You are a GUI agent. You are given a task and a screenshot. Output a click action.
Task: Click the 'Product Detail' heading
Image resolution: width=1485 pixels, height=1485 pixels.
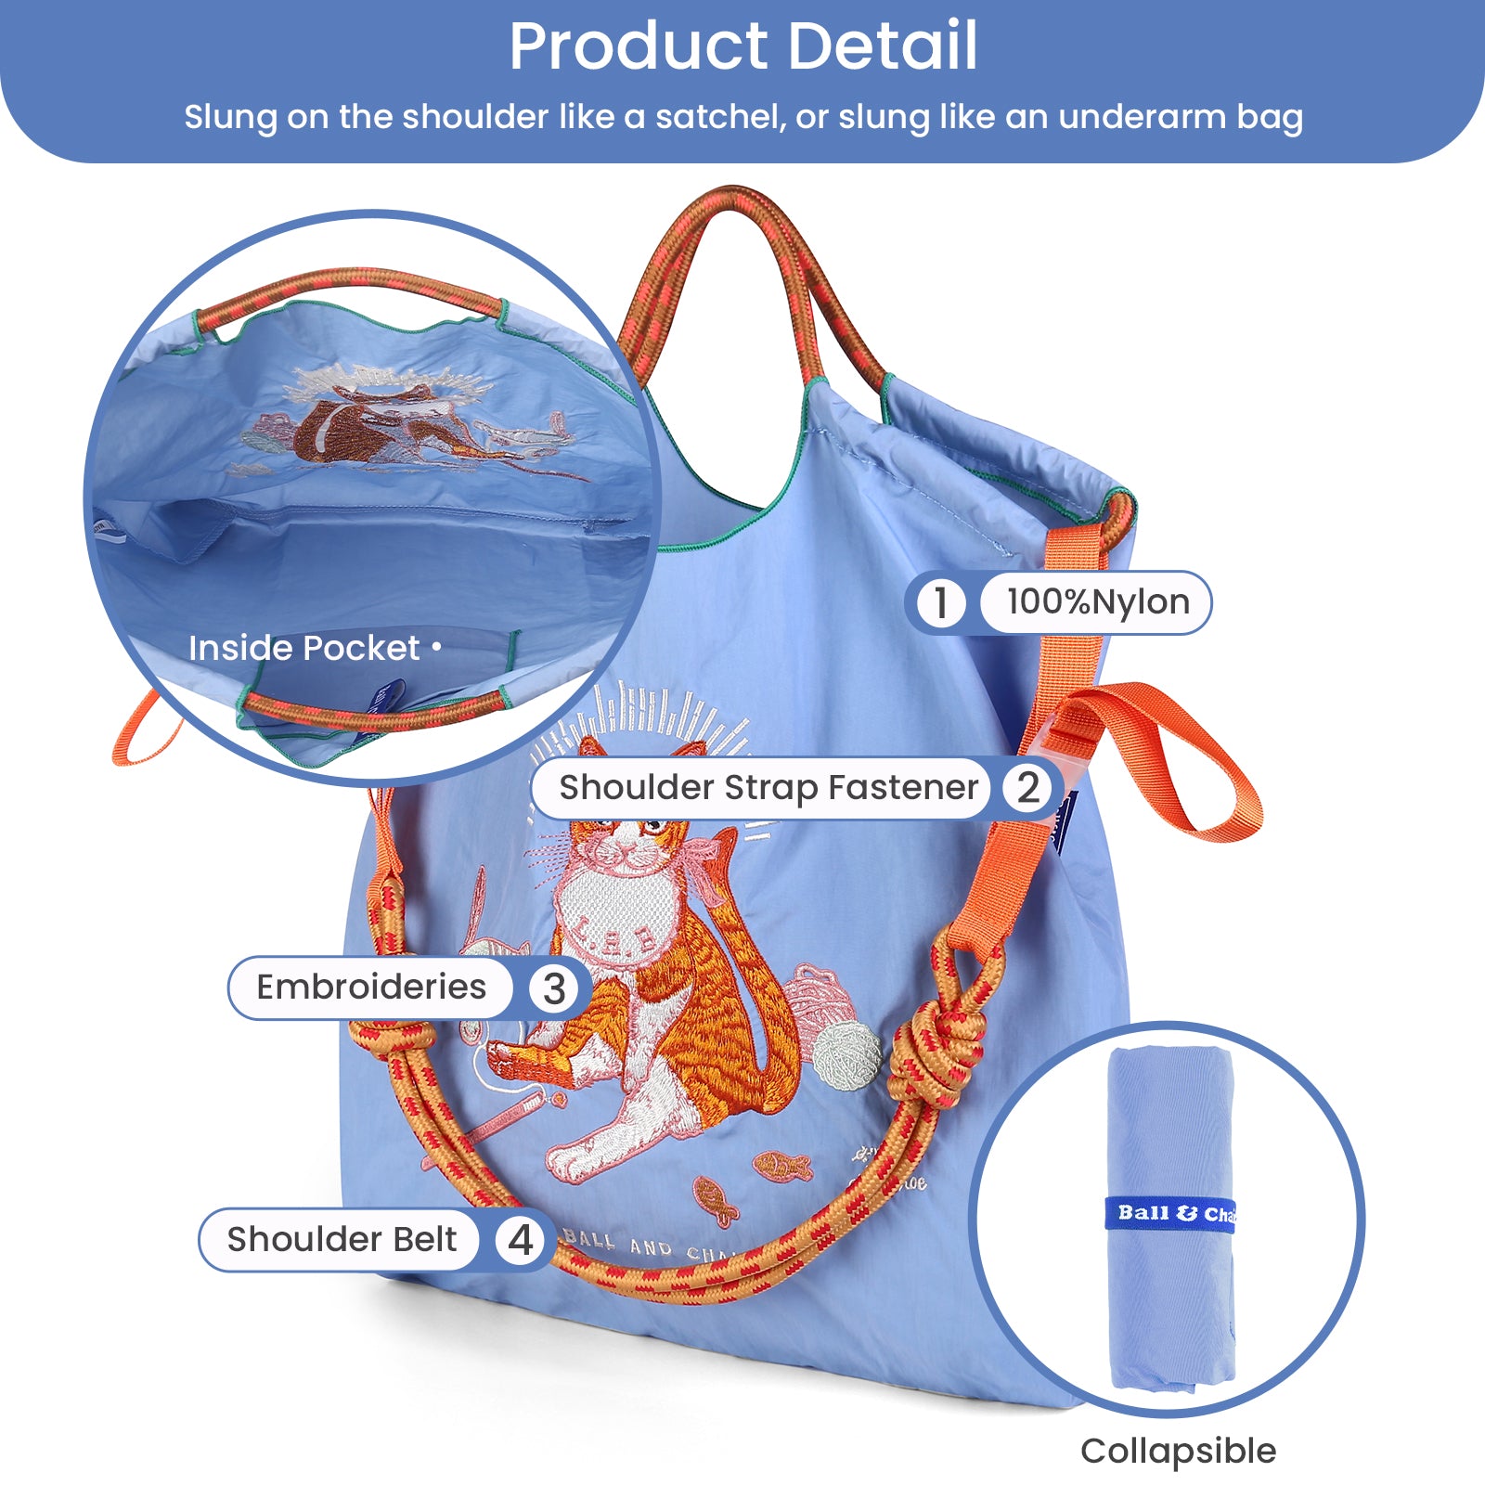coord(742,46)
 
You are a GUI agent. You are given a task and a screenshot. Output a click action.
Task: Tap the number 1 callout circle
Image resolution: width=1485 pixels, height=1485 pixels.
coord(940,602)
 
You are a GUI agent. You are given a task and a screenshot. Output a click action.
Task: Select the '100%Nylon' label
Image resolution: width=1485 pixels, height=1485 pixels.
coord(1097,602)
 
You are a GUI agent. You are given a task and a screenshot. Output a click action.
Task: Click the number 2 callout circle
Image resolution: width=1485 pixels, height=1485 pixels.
coord(1027,788)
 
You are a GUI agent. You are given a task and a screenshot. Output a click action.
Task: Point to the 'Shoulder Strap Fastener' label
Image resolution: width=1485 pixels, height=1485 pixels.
coord(768,788)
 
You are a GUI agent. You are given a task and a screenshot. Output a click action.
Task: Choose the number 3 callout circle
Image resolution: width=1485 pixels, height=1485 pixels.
coord(554,988)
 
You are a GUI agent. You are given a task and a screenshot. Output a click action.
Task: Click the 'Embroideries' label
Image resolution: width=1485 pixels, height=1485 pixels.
coord(370,988)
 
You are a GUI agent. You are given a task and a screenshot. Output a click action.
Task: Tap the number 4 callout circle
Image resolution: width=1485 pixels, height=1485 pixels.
coord(520,1240)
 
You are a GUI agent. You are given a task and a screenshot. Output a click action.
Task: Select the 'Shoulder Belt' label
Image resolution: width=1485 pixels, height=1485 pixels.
coord(342,1240)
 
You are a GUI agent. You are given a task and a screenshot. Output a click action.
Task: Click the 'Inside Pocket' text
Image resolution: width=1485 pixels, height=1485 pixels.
coord(304,648)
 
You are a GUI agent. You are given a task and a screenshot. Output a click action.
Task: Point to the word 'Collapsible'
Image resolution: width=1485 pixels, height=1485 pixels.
coord(1178,1451)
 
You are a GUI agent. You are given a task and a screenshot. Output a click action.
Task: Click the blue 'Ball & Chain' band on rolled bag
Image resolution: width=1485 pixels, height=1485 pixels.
coord(1171,1213)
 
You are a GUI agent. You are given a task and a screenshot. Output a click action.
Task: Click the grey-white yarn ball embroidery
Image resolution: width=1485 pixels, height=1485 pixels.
coord(846,1053)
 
